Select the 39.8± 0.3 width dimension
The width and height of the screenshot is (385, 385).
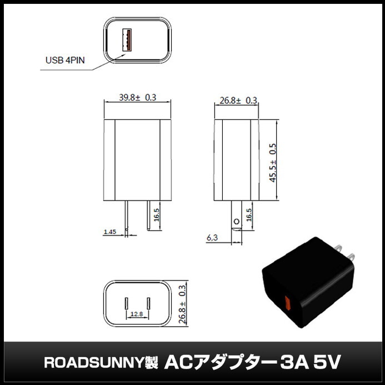click(x=138, y=97)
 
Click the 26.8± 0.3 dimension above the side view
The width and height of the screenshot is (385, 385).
click(x=238, y=101)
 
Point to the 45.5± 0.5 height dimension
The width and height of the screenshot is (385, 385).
click(x=272, y=162)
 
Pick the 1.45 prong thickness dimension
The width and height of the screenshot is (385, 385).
click(x=111, y=232)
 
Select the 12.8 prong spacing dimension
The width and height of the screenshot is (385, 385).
click(x=137, y=314)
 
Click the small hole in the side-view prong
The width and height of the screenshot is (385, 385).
click(x=236, y=222)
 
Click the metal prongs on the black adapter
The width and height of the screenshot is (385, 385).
click(x=345, y=251)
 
